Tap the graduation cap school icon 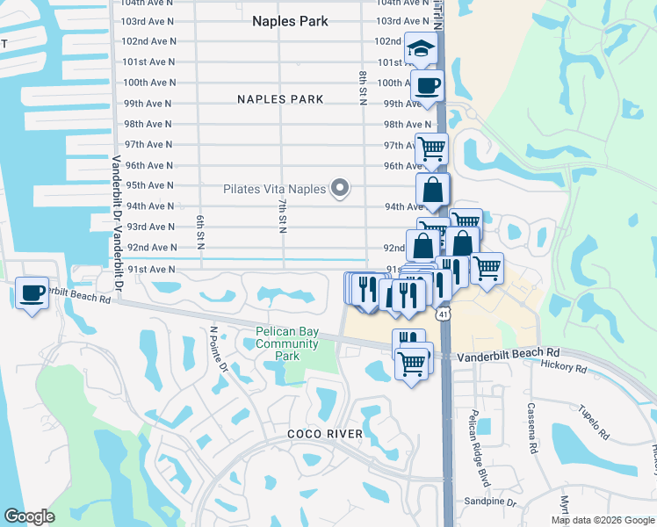click(x=421, y=47)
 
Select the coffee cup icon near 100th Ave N click(x=427, y=86)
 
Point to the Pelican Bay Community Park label click(x=286, y=344)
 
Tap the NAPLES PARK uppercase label click(x=280, y=99)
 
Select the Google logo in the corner click(x=30, y=516)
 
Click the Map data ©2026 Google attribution click(x=602, y=520)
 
